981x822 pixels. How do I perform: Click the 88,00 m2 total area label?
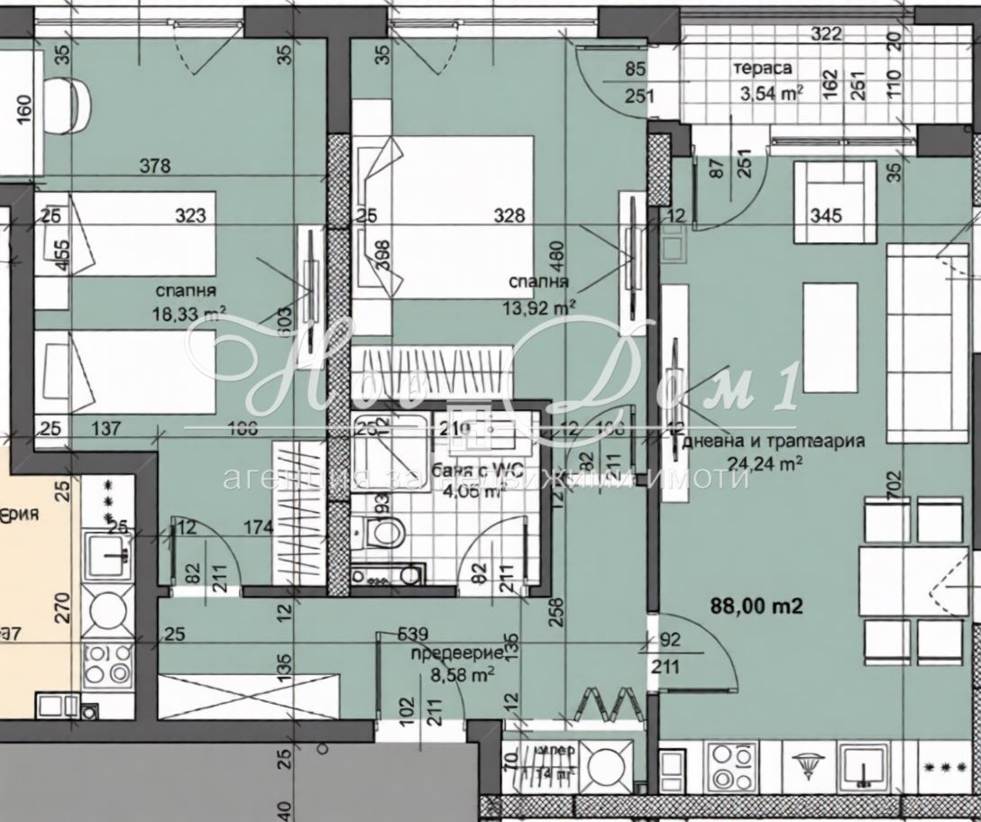click(x=757, y=607)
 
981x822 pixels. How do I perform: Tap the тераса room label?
click(x=763, y=68)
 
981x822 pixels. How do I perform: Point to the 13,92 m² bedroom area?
click(x=540, y=307)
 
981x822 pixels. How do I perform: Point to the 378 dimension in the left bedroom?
click(x=155, y=166)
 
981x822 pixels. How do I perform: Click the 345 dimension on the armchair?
click(x=826, y=215)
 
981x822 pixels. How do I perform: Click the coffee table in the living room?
click(x=831, y=337)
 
